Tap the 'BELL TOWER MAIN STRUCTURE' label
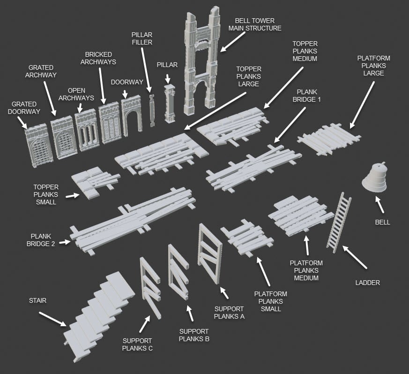coord(255,24)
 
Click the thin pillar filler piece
coord(152,111)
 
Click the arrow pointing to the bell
coord(379,204)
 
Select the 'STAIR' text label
coord(37,300)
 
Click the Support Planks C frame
coord(150,287)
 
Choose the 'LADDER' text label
coord(367,283)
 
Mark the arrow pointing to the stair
coord(52,319)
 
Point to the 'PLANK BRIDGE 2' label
coord(41,240)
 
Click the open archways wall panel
coord(87,130)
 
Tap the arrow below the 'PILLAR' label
coord(167,78)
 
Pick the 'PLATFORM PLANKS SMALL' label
coord(271,301)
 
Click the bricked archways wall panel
coord(109,122)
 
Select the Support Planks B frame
coord(178,272)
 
